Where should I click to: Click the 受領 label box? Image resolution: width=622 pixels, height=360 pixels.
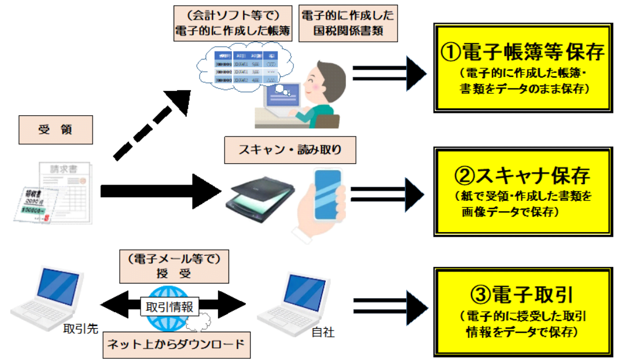pyautogui.click(x=56, y=130)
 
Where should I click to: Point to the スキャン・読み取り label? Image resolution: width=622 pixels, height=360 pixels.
pyautogui.click(x=290, y=150)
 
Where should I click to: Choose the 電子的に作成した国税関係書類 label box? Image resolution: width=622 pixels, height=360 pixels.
pyautogui.click(x=348, y=24)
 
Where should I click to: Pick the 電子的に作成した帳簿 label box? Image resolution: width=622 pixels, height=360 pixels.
pyautogui.click(x=233, y=24)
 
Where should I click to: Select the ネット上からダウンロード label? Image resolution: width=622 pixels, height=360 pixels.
pyautogui.click(x=176, y=346)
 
